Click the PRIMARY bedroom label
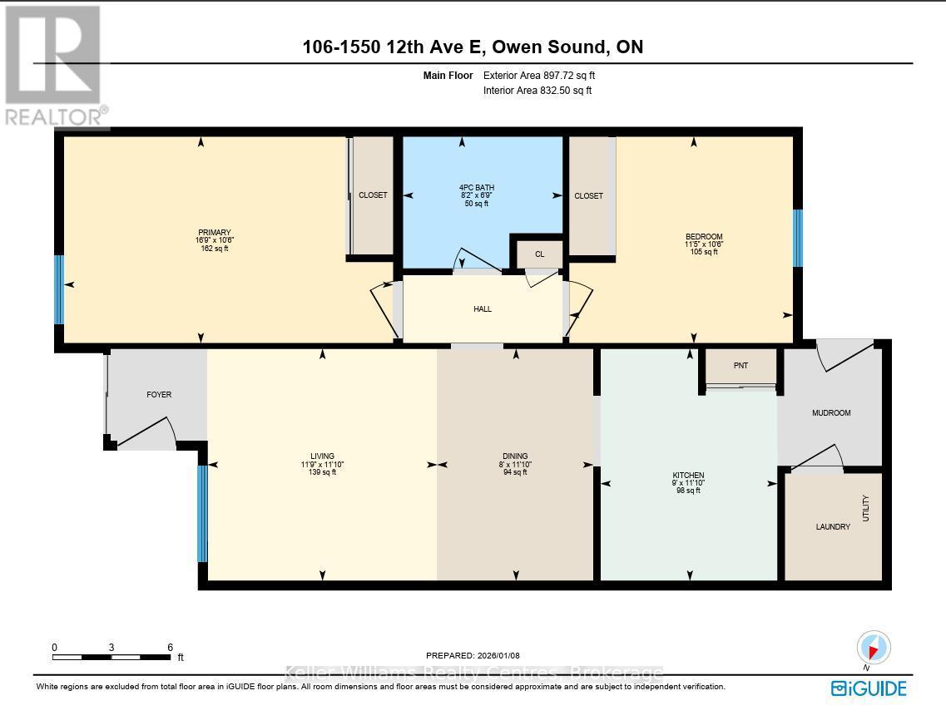click(x=214, y=233)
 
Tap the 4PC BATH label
click(x=477, y=187)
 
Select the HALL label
click(x=483, y=309)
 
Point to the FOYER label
click(x=159, y=395)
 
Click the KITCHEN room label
click(x=688, y=476)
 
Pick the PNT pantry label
click(x=740, y=366)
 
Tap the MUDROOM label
click(x=831, y=413)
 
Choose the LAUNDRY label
click(x=833, y=527)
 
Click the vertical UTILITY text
click(x=866, y=509)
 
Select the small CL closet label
click(x=539, y=254)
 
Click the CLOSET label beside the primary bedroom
click(x=373, y=195)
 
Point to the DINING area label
click(x=515, y=456)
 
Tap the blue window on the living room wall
click(x=203, y=514)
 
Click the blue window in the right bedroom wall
click(x=798, y=238)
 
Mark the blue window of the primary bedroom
click(x=59, y=290)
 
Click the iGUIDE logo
click(x=869, y=688)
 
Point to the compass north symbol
click(x=873, y=649)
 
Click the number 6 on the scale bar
click(x=170, y=647)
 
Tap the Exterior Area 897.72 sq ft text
click(x=539, y=76)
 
